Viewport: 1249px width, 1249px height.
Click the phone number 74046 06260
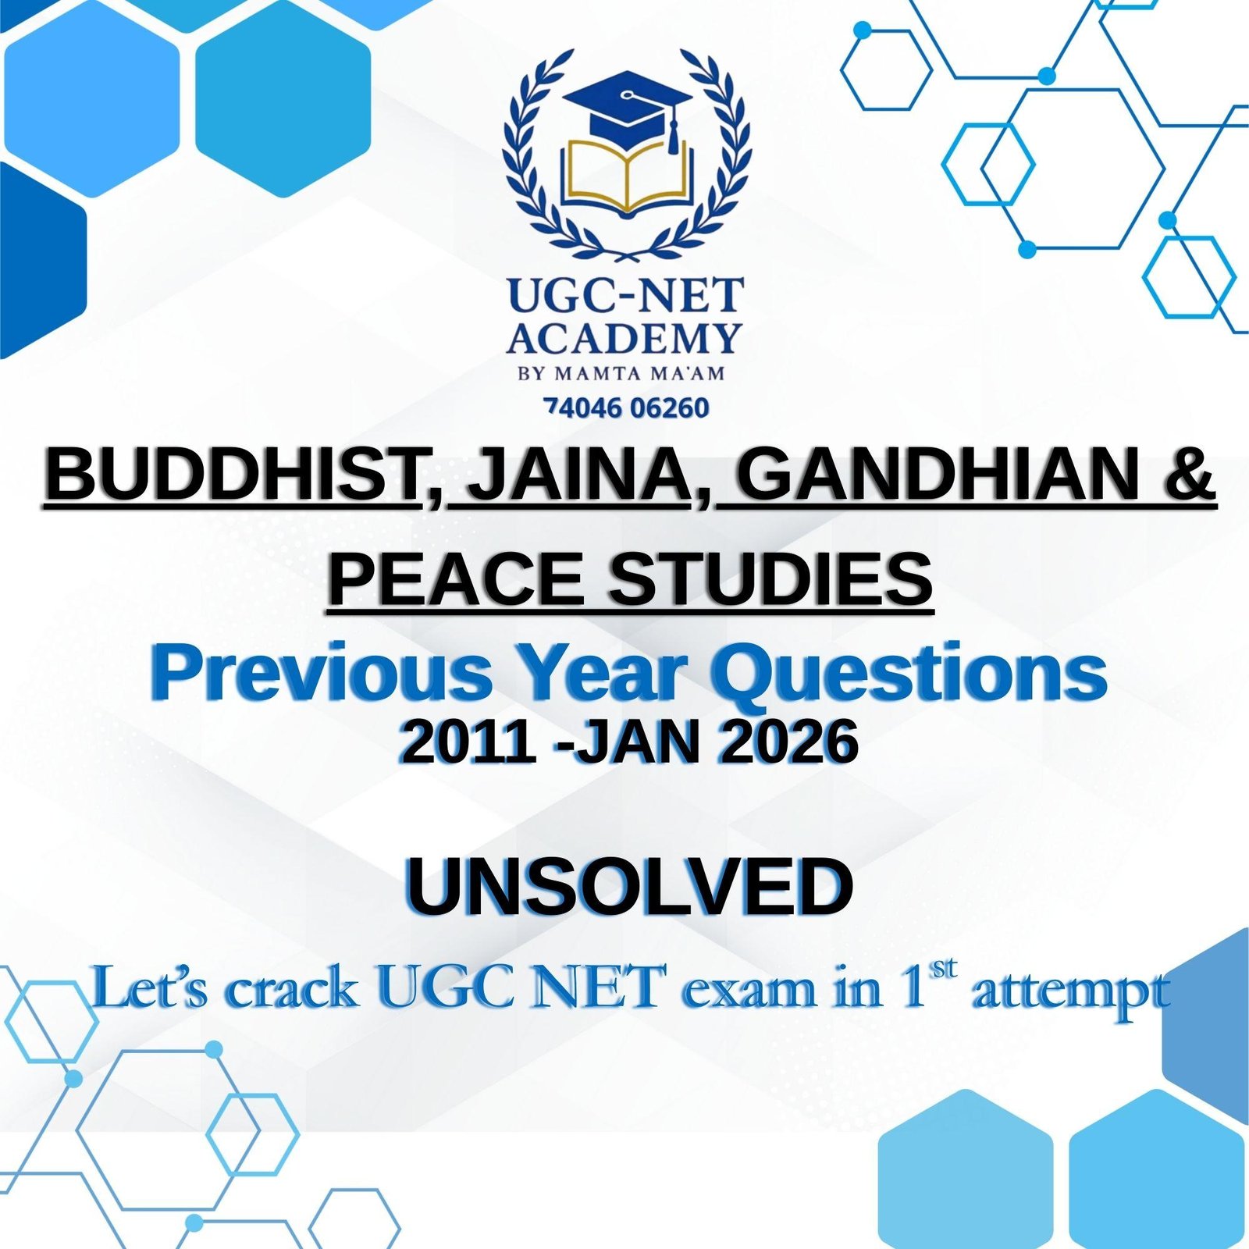tap(627, 407)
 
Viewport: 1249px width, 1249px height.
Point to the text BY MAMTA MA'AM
tap(621, 373)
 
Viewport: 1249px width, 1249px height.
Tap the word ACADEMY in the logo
tap(624, 338)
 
